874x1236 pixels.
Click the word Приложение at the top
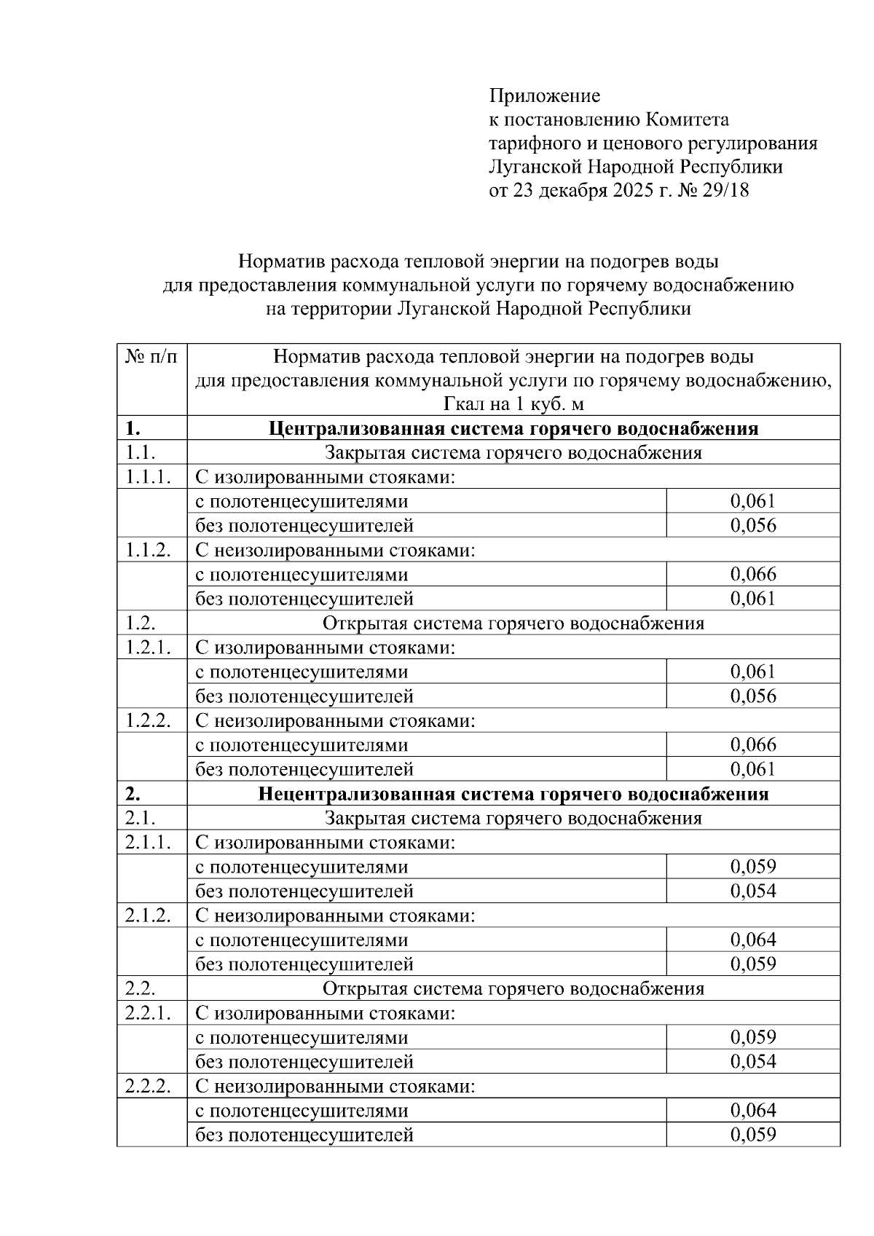coord(544,96)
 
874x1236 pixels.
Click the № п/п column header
coord(151,358)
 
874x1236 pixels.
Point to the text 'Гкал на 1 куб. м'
coord(513,404)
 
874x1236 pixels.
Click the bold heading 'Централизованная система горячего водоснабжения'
coord(513,428)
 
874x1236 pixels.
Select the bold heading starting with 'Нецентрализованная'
coord(513,794)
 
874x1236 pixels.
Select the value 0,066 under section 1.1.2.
coord(753,575)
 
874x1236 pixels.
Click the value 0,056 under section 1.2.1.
coord(753,696)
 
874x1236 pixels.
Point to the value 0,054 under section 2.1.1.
coord(753,891)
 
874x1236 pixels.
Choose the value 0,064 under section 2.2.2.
coord(753,1111)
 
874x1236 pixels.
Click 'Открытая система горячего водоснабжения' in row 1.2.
coord(513,623)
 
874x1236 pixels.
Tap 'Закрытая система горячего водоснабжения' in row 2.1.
coord(513,819)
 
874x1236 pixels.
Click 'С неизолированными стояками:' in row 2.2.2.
coord(335,1087)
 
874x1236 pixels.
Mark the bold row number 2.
coord(133,794)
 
